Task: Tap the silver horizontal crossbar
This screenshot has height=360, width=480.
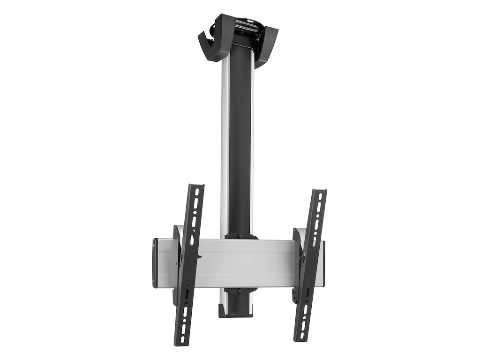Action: coord(244,262)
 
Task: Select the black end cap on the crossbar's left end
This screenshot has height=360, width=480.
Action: coord(155,262)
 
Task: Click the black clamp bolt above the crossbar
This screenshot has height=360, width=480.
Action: coord(240,236)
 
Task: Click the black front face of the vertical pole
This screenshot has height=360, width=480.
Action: coord(240,141)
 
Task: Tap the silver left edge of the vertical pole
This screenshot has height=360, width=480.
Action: coord(225,141)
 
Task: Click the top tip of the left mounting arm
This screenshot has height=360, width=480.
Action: coord(196,187)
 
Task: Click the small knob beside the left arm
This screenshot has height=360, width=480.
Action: coord(200,256)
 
